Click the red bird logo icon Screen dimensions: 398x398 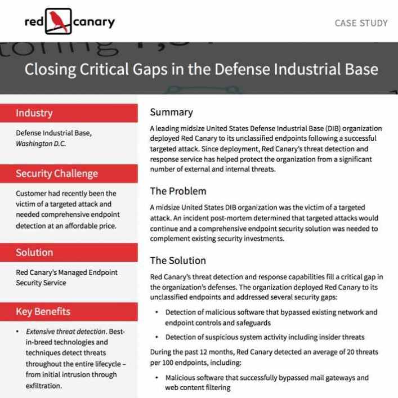(x=58, y=21)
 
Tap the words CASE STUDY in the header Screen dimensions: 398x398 (x=361, y=23)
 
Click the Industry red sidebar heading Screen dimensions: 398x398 (x=34, y=113)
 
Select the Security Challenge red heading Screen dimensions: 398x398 (x=56, y=173)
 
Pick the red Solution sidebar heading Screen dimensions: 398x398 (x=34, y=252)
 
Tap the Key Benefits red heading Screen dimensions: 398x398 (x=43, y=311)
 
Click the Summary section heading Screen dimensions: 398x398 (x=171, y=112)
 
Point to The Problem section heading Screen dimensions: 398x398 (x=178, y=191)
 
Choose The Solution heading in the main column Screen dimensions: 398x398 (x=178, y=261)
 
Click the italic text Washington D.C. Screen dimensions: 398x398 (x=41, y=144)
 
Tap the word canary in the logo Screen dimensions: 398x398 (x=94, y=22)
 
